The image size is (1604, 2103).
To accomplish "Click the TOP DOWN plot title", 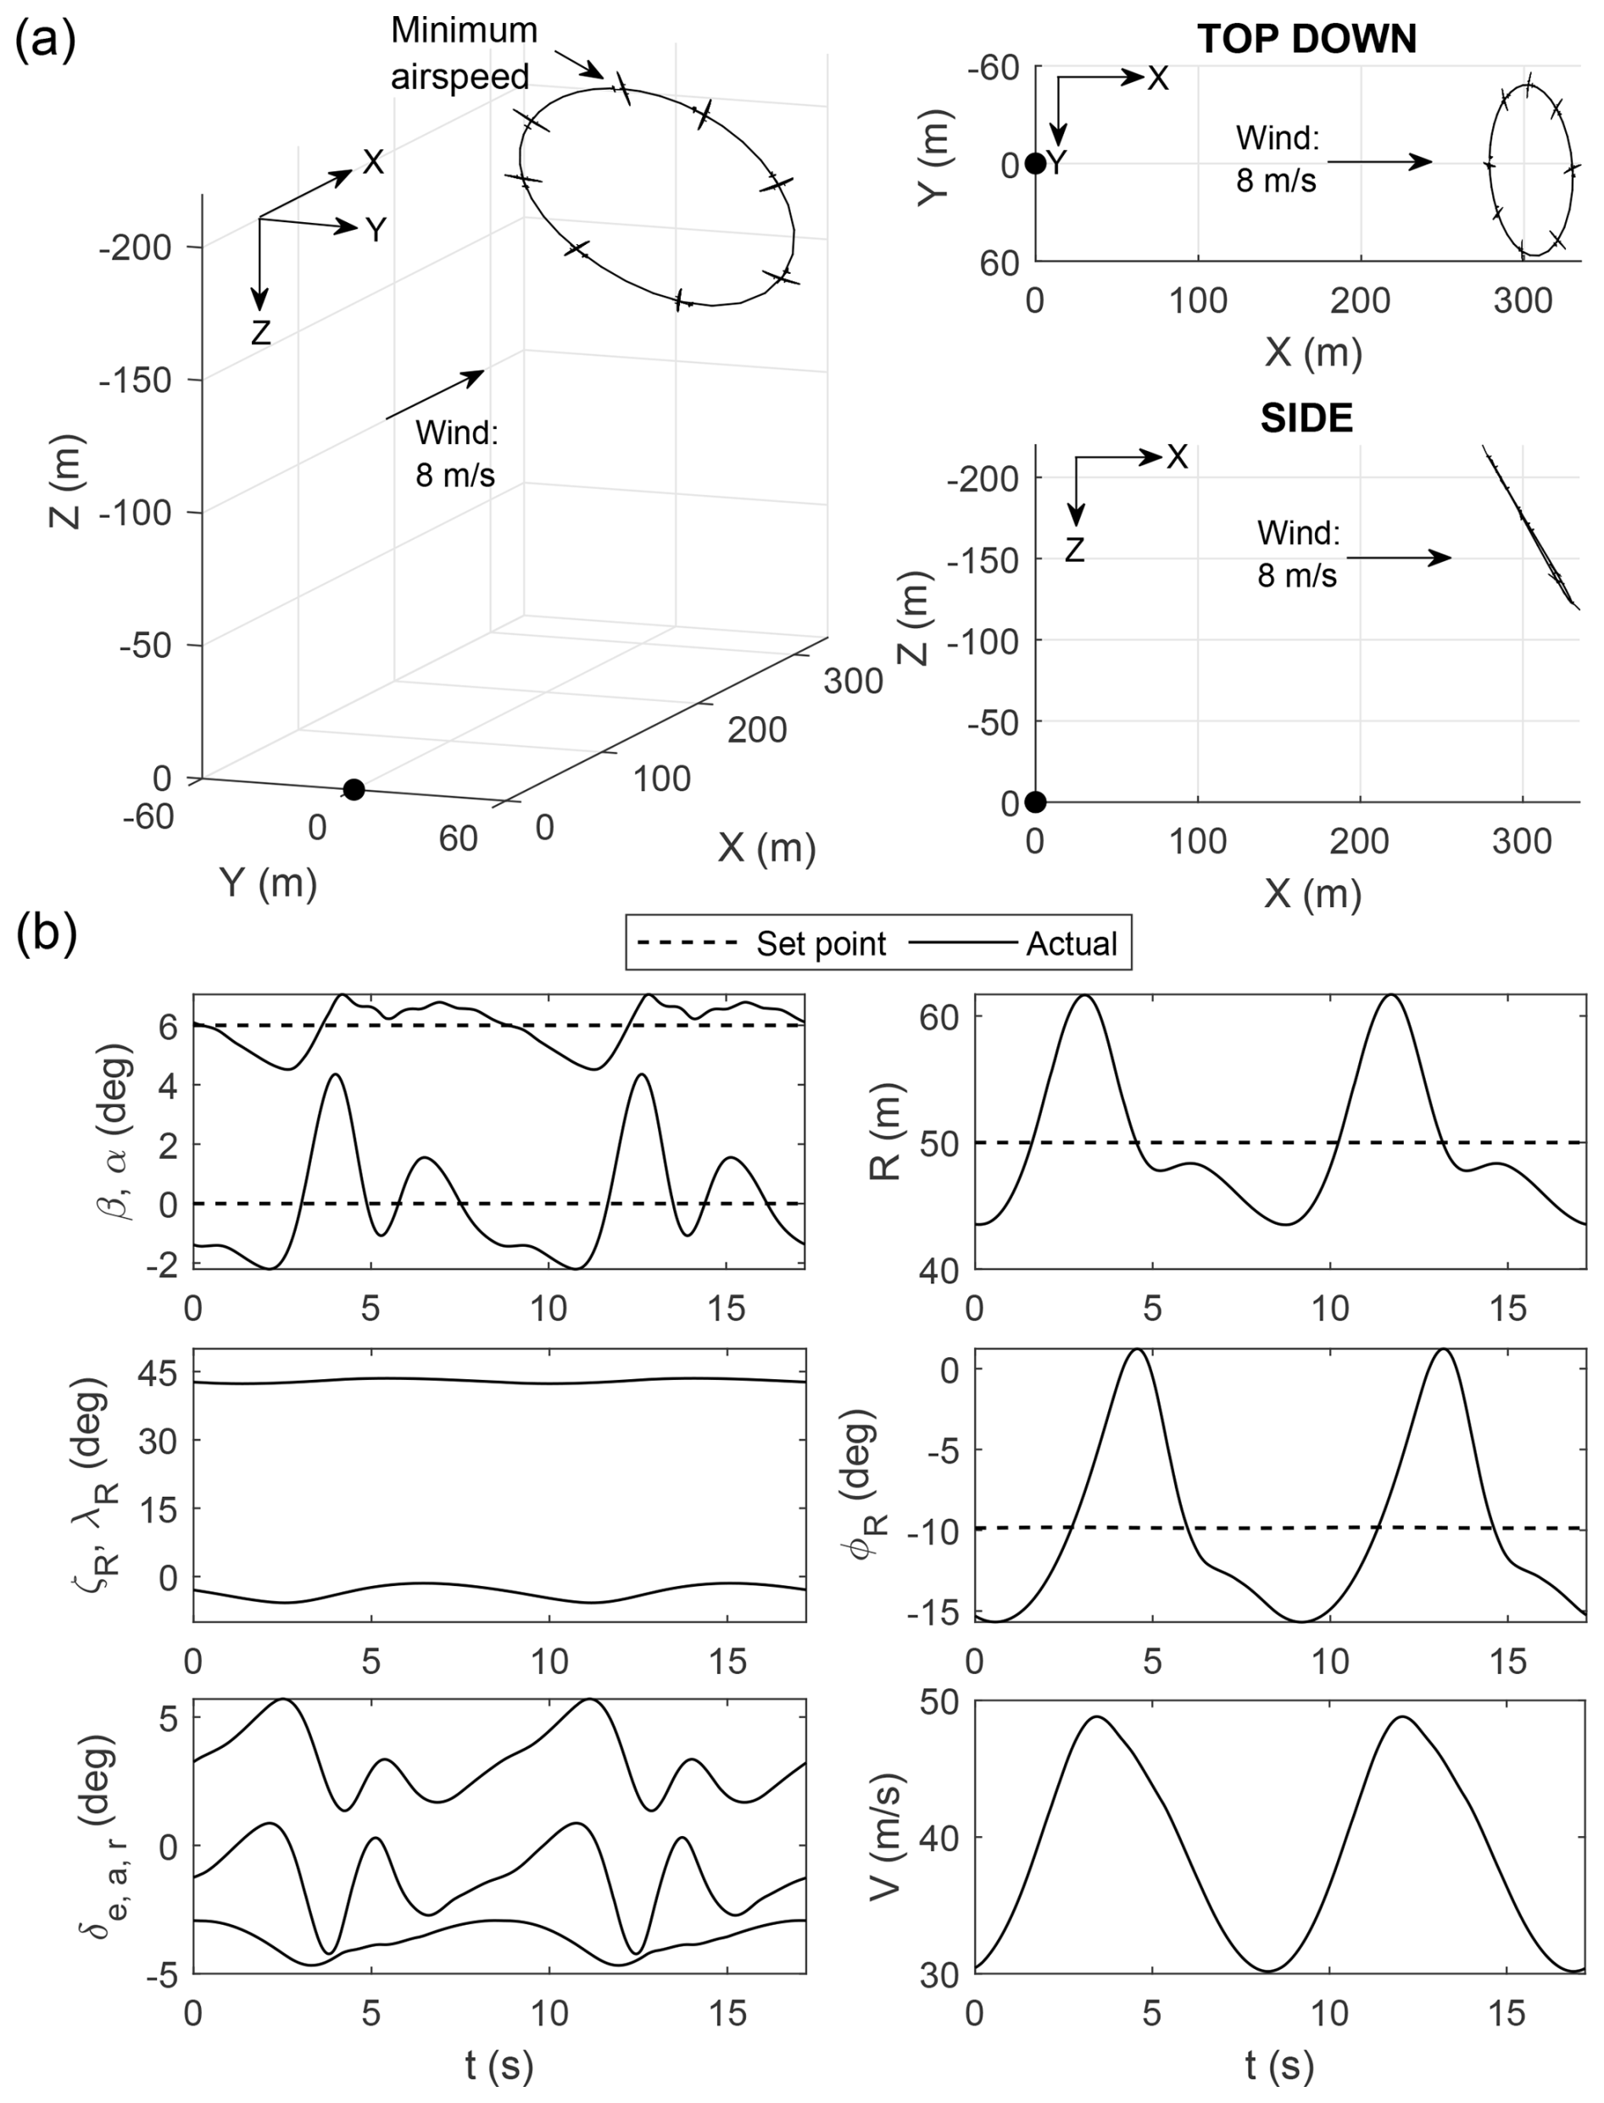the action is pyautogui.click(x=1306, y=39).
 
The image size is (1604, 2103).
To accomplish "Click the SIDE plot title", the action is pyautogui.click(x=1306, y=419).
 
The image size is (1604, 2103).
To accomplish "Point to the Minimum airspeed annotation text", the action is pyautogui.click(x=464, y=53).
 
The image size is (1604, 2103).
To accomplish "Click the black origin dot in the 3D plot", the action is pyautogui.click(x=354, y=789).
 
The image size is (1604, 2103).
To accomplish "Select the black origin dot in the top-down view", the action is pyautogui.click(x=1035, y=164).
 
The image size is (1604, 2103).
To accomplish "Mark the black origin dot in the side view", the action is pyautogui.click(x=1035, y=802).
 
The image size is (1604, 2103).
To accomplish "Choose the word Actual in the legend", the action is pyautogui.click(x=1072, y=944).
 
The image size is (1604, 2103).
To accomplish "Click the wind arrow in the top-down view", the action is pyautogui.click(x=1379, y=162).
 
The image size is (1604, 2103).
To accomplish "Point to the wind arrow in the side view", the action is pyautogui.click(x=1399, y=558).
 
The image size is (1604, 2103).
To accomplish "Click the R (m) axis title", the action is pyautogui.click(x=887, y=1132).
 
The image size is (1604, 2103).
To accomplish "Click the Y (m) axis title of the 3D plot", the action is pyautogui.click(x=268, y=882).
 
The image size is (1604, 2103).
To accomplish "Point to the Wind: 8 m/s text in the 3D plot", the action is pyautogui.click(x=456, y=453).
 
